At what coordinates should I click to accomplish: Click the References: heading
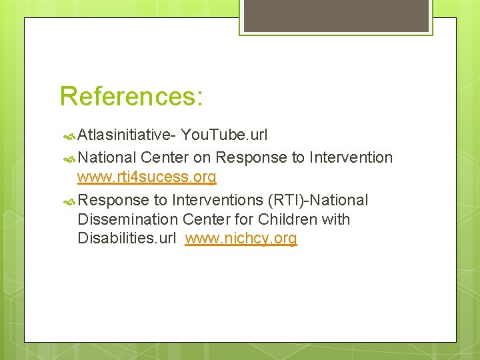(x=131, y=96)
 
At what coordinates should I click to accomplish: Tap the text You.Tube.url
(x=224, y=135)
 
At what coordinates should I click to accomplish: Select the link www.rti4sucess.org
(x=147, y=177)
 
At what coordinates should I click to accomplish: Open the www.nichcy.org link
(x=241, y=239)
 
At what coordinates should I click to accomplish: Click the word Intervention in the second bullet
(x=351, y=158)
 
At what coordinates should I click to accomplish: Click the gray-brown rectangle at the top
(x=335, y=15)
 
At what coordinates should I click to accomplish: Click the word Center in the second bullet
(x=165, y=158)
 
